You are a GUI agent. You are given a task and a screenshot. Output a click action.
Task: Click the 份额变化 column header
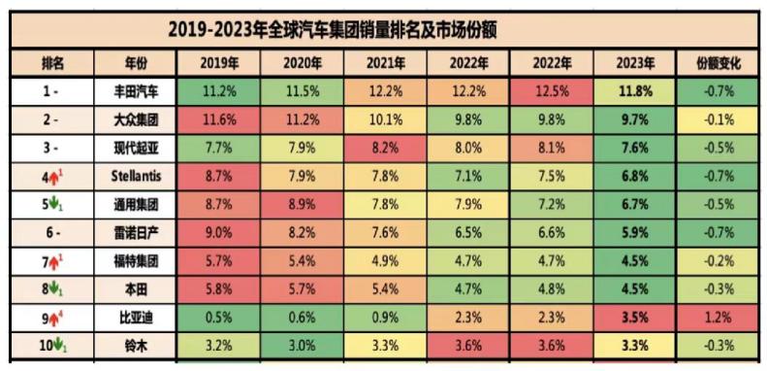pyautogui.click(x=719, y=63)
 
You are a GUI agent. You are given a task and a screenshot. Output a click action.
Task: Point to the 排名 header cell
pyautogui.click(x=52, y=63)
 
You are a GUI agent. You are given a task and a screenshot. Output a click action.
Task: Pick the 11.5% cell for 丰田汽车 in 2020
pyautogui.click(x=301, y=91)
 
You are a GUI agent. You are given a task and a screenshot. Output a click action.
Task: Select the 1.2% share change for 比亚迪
pyautogui.click(x=719, y=318)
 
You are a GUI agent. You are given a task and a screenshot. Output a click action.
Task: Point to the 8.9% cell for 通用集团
pyautogui.click(x=301, y=204)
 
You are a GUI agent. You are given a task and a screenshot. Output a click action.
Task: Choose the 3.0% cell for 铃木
pyautogui.click(x=301, y=345)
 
